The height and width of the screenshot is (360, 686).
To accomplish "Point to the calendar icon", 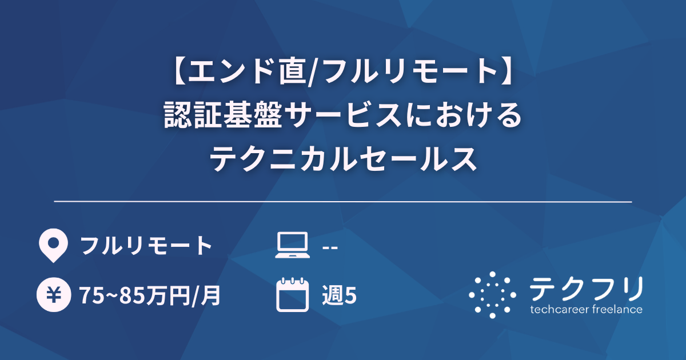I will (x=292, y=295).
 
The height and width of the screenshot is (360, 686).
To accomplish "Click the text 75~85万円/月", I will (x=150, y=295).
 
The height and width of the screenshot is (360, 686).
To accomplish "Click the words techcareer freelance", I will (x=586, y=309).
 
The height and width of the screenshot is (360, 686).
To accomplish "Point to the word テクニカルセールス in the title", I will (x=343, y=159).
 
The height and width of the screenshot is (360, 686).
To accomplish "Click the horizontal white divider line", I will (x=343, y=202).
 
